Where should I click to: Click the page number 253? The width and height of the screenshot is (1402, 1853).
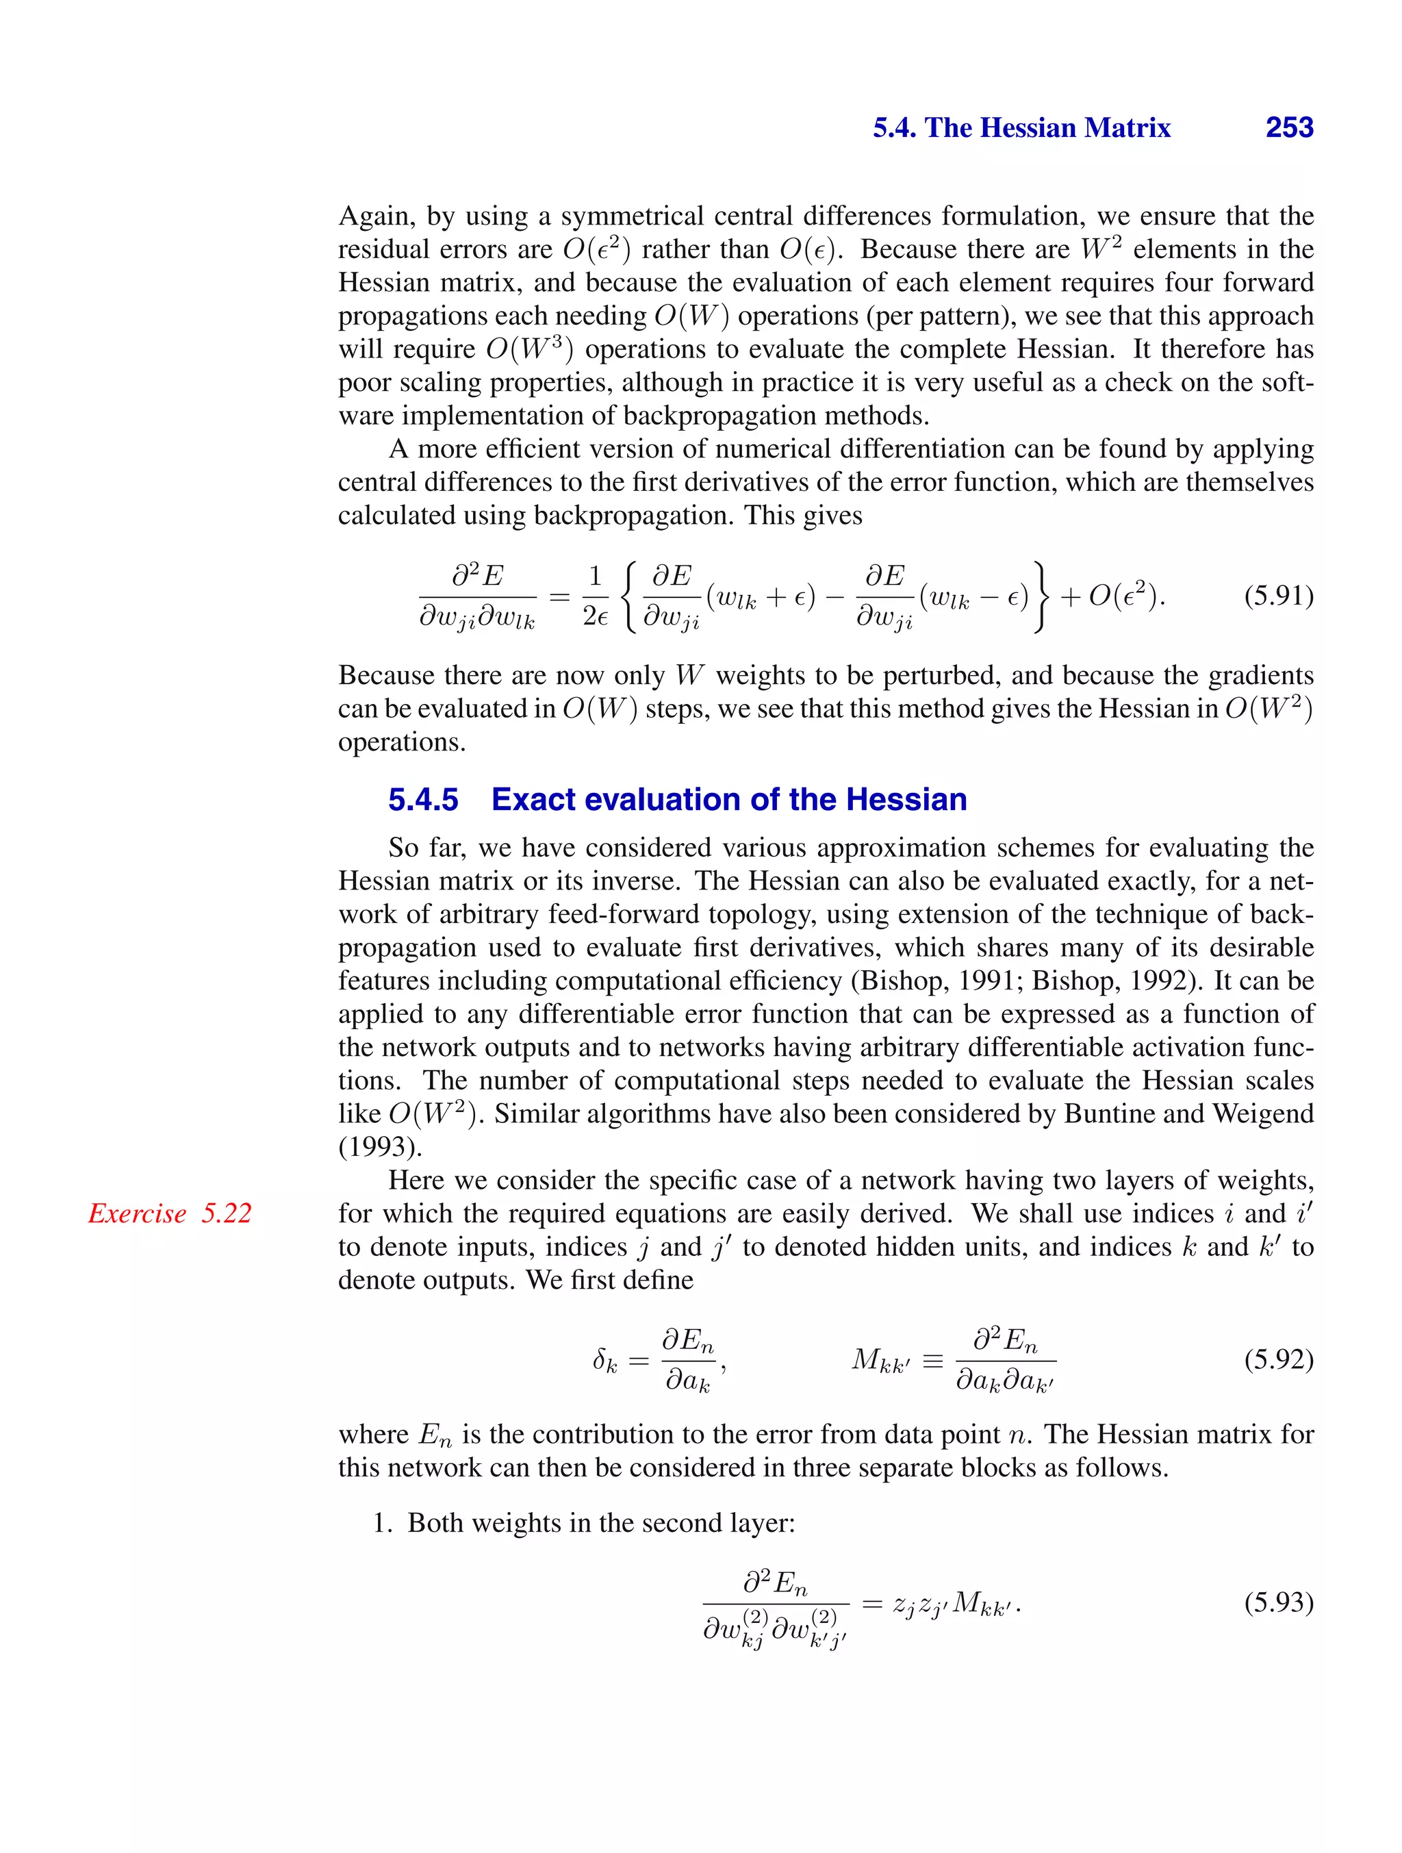[1289, 127]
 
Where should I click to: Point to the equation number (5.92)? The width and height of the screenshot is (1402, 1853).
[1278, 1359]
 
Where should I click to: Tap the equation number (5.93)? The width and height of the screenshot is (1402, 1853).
[1278, 1602]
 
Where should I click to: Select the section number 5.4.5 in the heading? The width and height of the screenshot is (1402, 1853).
[423, 799]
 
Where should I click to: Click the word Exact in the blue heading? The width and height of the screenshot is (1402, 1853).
[533, 799]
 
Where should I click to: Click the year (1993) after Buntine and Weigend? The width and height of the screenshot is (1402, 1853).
[379, 1146]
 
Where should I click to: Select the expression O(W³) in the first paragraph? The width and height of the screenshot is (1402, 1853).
[529, 349]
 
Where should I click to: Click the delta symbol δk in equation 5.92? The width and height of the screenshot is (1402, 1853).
[604, 1361]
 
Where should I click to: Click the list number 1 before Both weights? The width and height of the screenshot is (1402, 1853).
[382, 1522]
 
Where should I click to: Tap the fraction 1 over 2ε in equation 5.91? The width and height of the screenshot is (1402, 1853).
[595, 596]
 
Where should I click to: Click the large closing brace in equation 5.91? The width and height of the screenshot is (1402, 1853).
[1039, 596]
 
